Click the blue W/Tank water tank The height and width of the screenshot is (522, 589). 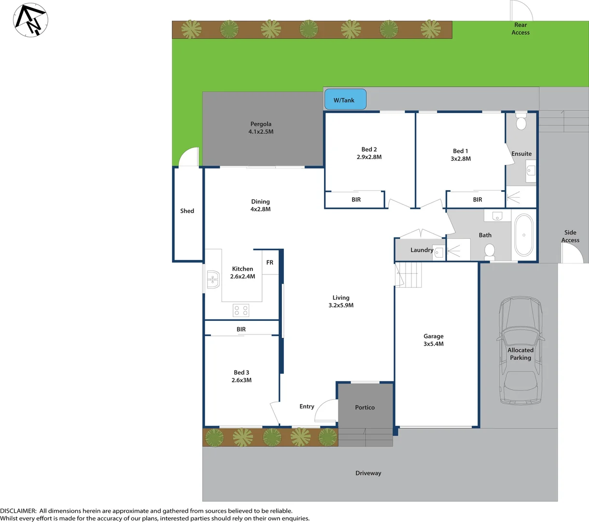point(345,100)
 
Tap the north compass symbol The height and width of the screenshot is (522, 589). point(30,20)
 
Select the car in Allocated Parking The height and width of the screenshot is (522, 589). point(520,351)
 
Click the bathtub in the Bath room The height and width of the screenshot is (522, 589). point(524,235)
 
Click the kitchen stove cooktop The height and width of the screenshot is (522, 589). point(241,310)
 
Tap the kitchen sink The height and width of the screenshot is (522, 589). point(212,279)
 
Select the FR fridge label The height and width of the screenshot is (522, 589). point(270,262)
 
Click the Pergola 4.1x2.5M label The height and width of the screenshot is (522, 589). point(261,128)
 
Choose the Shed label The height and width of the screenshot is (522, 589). point(187,211)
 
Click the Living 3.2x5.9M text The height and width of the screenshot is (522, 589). point(341,302)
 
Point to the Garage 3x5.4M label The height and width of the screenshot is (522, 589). point(434,340)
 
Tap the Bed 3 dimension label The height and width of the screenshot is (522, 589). point(241,376)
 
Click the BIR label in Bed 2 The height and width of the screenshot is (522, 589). point(356,200)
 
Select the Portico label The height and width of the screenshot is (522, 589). point(365,407)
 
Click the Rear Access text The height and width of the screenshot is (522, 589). point(520,29)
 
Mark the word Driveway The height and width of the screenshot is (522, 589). point(368,473)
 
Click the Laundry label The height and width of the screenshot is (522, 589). point(421,250)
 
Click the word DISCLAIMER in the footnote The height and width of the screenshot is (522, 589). point(18,510)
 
